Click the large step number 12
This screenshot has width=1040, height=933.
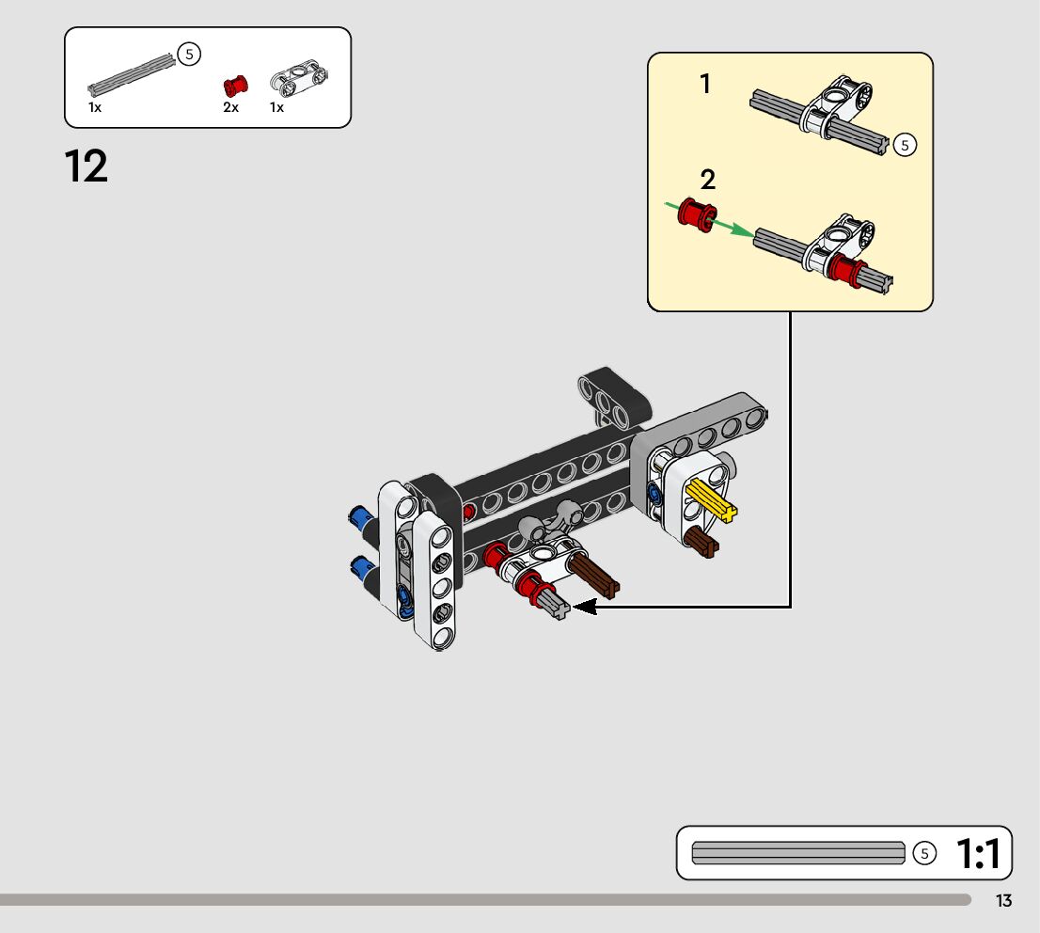tap(87, 167)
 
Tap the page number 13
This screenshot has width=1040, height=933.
tap(1004, 901)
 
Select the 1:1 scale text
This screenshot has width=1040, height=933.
tap(983, 854)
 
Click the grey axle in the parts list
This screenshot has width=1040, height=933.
tap(133, 75)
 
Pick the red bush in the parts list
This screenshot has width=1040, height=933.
tap(234, 87)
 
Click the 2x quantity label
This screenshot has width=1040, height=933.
tap(231, 108)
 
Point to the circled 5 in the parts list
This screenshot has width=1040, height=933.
tap(190, 55)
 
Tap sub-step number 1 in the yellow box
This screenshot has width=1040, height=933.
tap(705, 85)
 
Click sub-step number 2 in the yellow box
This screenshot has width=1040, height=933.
tap(708, 180)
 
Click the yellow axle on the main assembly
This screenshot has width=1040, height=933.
tap(712, 499)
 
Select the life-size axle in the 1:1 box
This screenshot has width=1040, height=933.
tap(798, 853)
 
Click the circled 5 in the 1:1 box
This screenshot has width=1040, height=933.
tap(925, 853)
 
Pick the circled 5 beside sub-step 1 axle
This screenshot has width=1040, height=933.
tap(905, 145)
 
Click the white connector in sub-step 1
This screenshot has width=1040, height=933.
tap(837, 105)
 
